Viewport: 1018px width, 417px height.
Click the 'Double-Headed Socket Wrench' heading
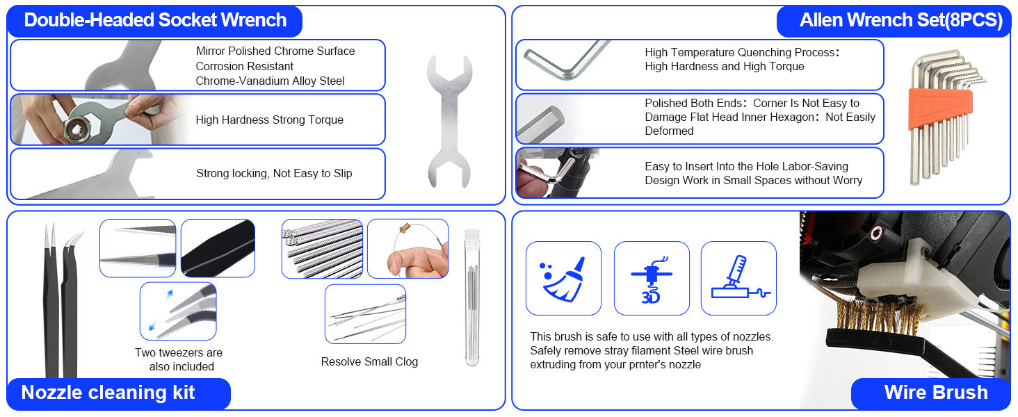[155, 20]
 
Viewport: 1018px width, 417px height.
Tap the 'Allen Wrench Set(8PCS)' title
[900, 20]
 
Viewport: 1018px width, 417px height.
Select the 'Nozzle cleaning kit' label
[108, 393]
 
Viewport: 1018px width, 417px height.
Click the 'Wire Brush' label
[935, 393]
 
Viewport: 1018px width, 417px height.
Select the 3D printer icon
[652, 278]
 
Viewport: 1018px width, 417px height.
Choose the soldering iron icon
[738, 278]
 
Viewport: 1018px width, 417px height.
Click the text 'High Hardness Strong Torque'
[269, 120]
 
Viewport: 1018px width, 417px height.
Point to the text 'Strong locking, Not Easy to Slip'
[274, 174]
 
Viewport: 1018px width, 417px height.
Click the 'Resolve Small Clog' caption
[369, 362]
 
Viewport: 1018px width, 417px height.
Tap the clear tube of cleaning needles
[473, 299]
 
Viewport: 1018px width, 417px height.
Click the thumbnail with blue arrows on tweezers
[178, 311]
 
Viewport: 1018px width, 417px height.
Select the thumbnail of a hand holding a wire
[407, 249]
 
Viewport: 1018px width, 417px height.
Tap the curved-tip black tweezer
[70, 306]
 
